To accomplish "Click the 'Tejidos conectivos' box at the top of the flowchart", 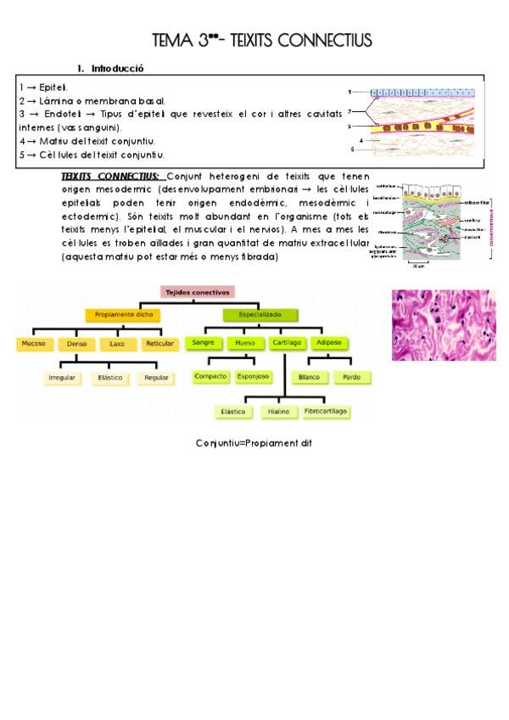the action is click(197, 293).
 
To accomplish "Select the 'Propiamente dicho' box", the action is click(122, 315).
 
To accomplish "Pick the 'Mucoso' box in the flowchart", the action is click(34, 344).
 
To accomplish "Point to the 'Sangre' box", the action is click(202, 343).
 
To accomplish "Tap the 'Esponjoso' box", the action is click(254, 375).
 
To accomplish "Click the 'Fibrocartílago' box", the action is click(327, 411).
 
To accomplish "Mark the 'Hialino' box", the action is click(278, 411).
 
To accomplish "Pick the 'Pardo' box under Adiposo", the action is click(350, 376).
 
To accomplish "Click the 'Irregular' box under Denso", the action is click(64, 377).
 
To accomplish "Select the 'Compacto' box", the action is click(210, 375).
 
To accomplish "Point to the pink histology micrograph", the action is click(443, 324).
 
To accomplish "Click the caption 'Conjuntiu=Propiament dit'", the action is click(255, 443).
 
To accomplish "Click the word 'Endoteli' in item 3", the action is click(57, 114).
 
